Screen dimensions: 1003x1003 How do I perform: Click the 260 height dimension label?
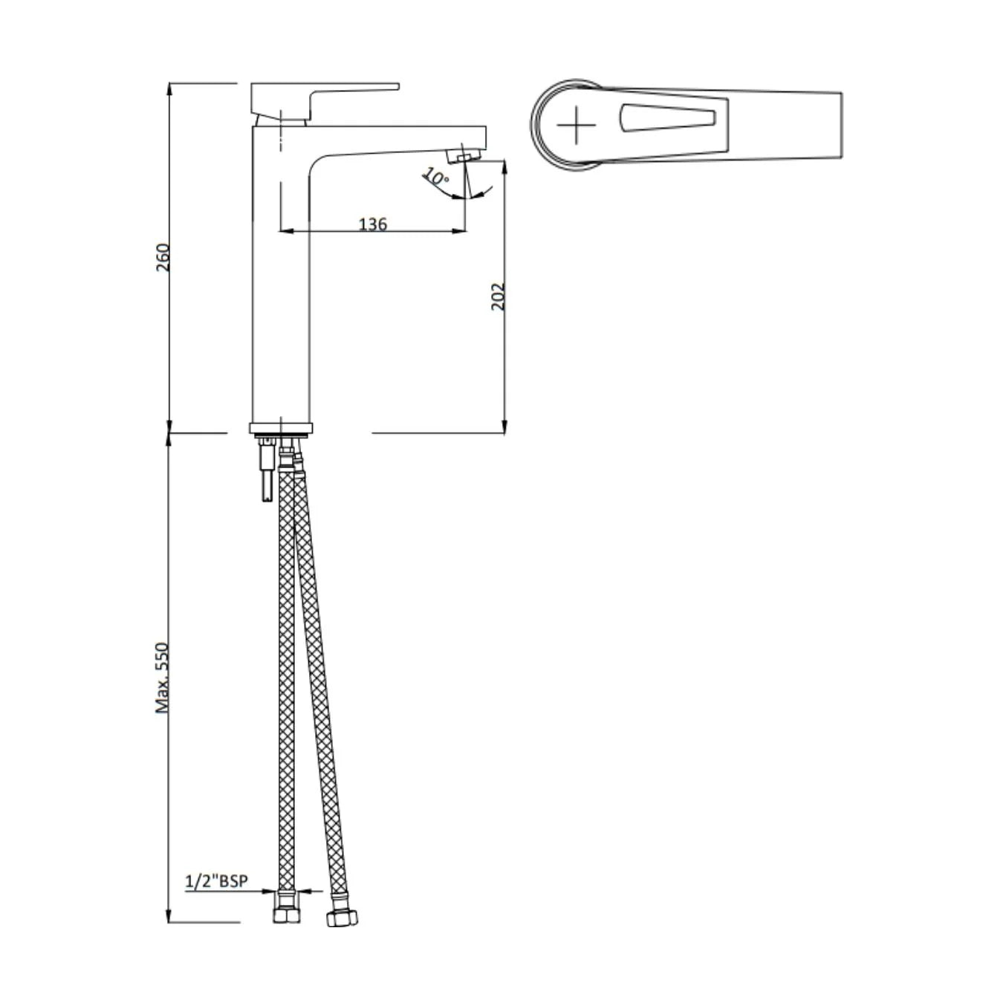click(163, 257)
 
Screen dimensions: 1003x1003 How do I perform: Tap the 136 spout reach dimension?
click(372, 224)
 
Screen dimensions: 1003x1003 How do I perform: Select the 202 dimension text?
click(498, 296)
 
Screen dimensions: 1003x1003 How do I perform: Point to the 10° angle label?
click(436, 178)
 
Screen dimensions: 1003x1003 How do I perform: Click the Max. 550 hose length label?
click(162, 678)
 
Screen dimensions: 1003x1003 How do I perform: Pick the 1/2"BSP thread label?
click(216, 881)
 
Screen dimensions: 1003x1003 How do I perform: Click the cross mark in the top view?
click(576, 125)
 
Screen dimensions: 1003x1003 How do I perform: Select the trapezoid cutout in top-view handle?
click(666, 119)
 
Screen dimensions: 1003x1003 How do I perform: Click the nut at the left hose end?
click(286, 913)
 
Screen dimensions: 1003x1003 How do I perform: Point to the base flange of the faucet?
click(281, 427)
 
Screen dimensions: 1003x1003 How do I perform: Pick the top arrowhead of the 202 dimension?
click(504, 166)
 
